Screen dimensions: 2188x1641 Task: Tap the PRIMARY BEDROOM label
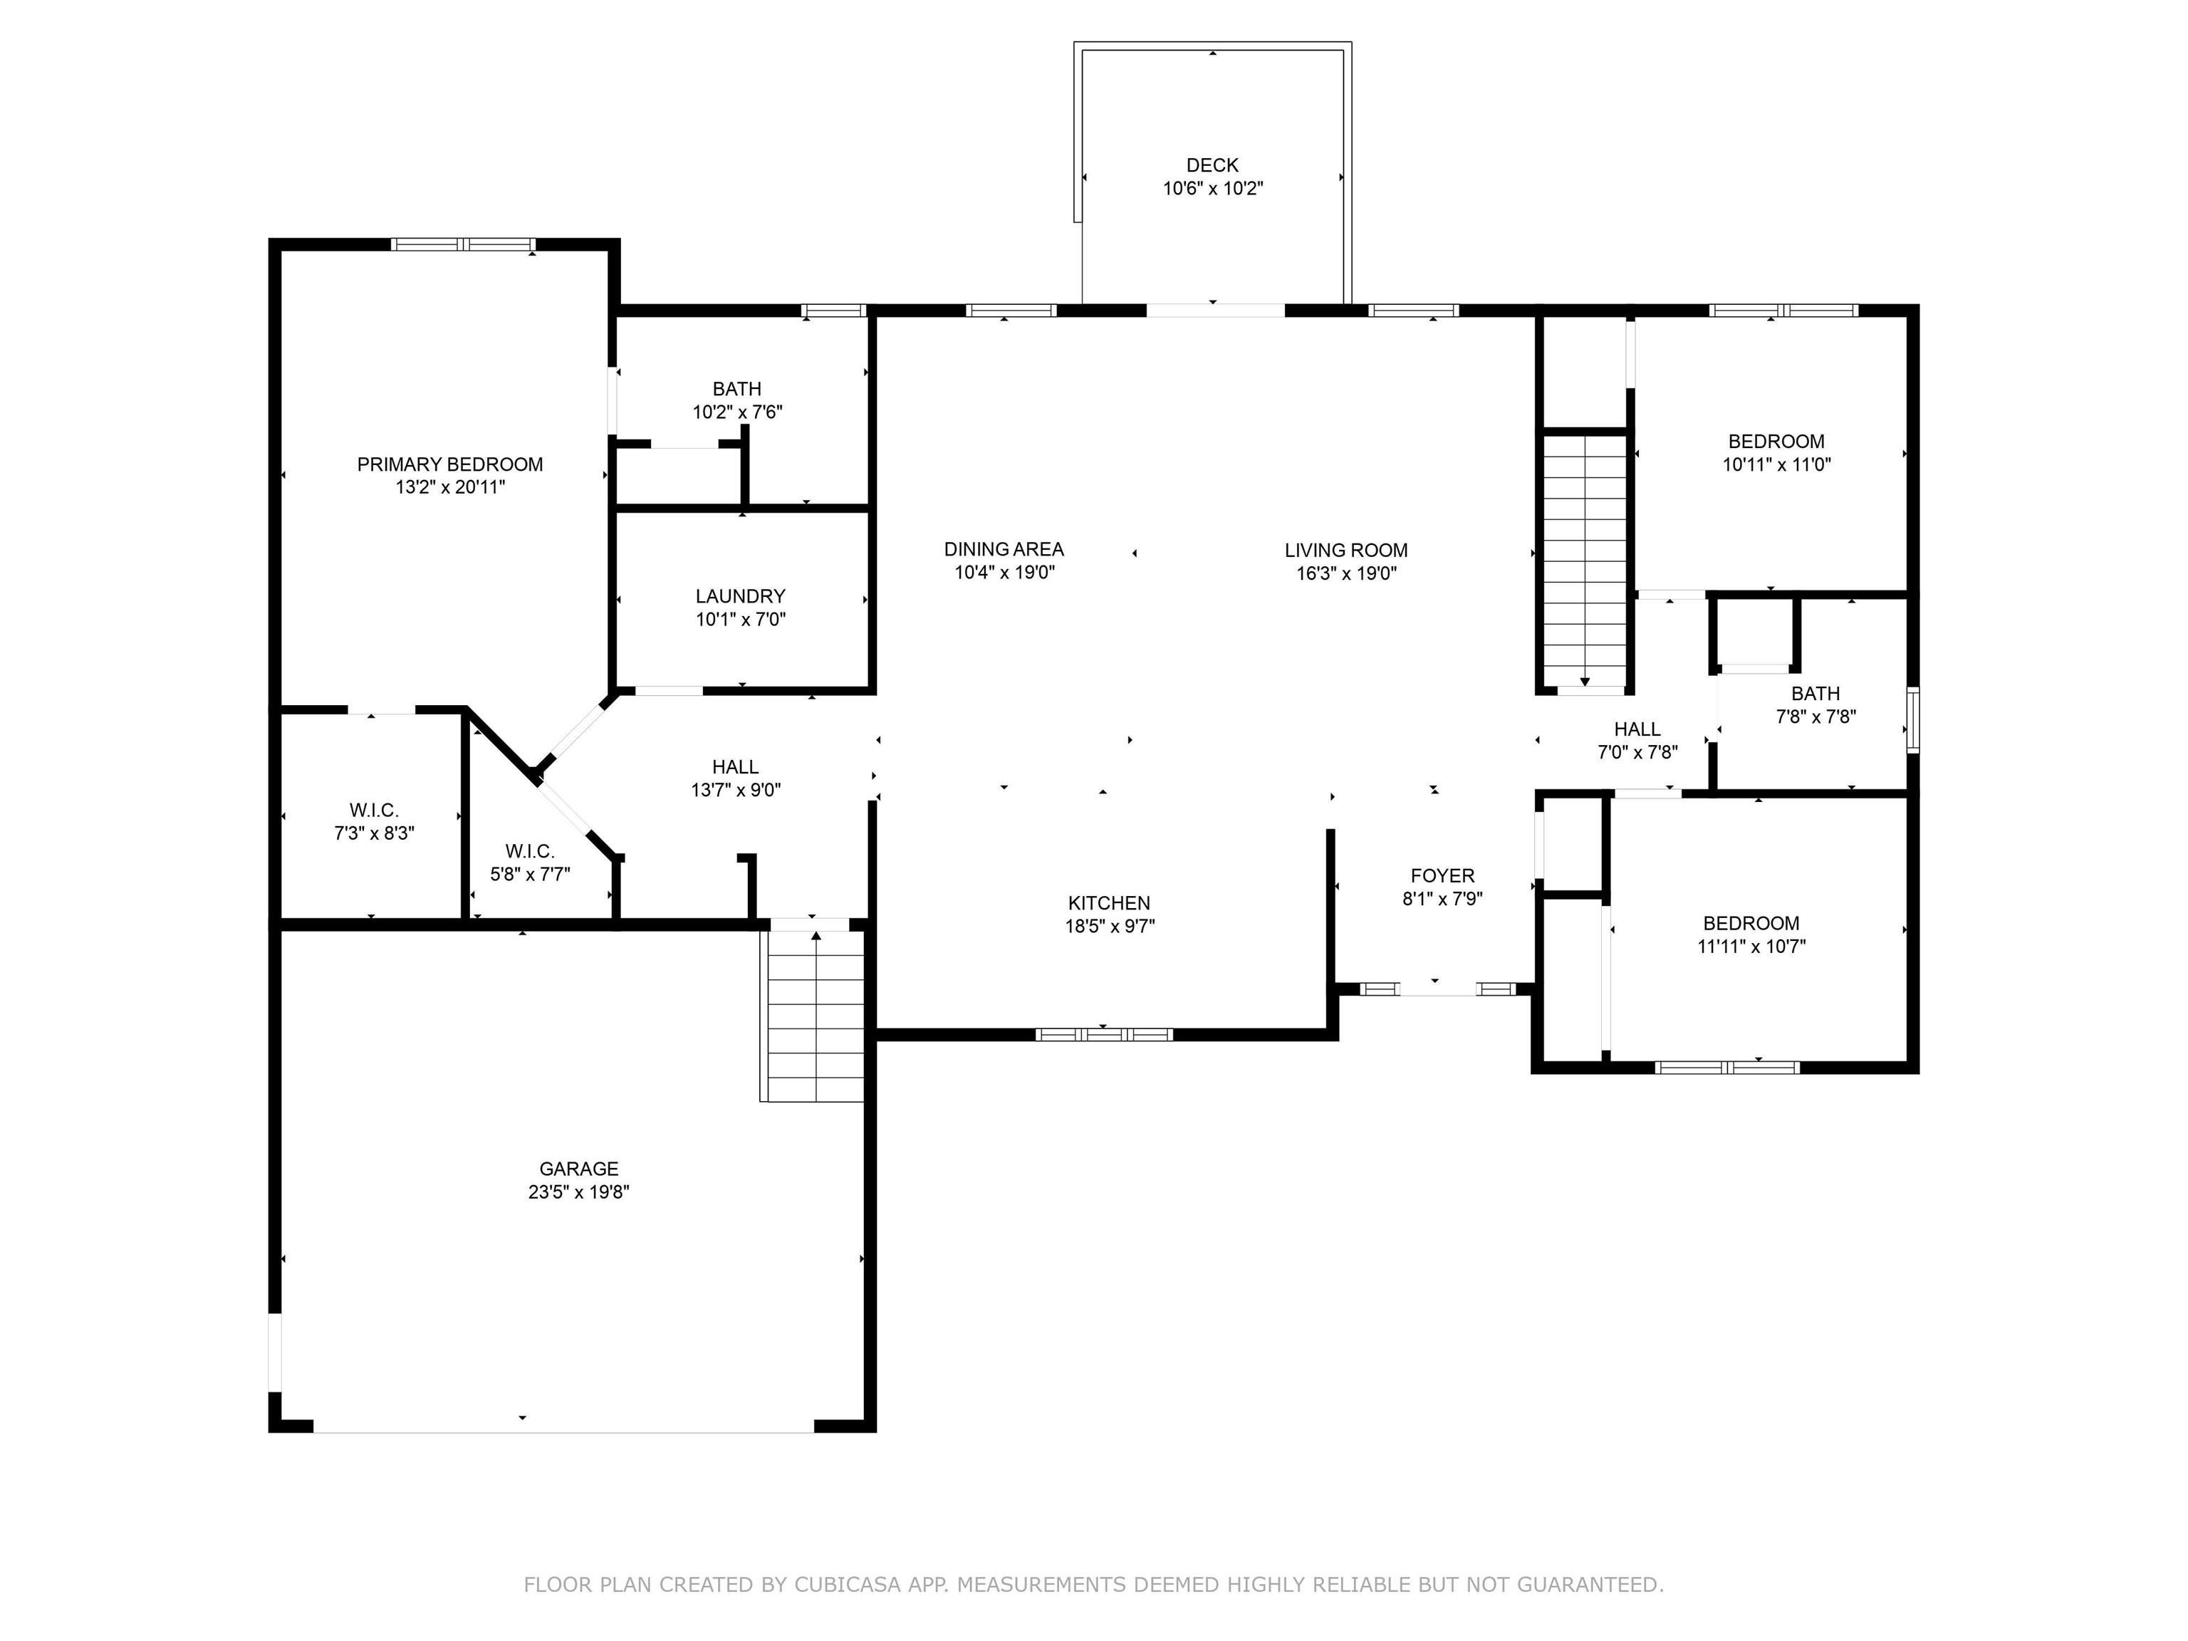(x=450, y=464)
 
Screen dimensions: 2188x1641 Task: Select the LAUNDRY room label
(x=740, y=596)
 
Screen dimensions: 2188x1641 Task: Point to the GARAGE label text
(x=578, y=1168)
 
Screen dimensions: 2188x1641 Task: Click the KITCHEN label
(x=1109, y=903)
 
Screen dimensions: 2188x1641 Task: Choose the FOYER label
(x=1442, y=875)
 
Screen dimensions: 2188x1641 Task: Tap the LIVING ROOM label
(x=1346, y=550)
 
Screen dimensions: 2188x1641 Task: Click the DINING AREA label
(x=1004, y=549)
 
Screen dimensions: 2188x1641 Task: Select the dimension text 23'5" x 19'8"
(x=578, y=1192)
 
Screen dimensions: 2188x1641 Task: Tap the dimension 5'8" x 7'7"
(x=530, y=875)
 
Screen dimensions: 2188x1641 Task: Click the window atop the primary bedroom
(x=463, y=244)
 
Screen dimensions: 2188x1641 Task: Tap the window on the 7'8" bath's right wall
(x=1913, y=720)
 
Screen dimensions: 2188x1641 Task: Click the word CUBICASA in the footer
(x=848, y=1585)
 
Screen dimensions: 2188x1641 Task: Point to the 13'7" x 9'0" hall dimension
(x=736, y=789)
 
